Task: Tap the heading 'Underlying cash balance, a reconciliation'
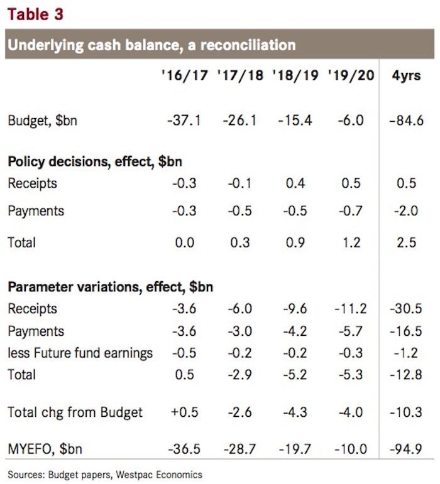pyautogui.click(x=151, y=45)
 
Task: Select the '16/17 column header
pyautogui.click(x=184, y=76)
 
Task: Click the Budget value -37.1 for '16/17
pyautogui.click(x=184, y=120)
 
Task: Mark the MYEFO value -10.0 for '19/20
pyautogui.click(x=348, y=449)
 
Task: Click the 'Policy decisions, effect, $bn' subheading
pyautogui.click(x=96, y=161)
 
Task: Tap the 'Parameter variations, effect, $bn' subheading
pyautogui.click(x=110, y=288)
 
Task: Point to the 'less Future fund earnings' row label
pyautogui.click(x=80, y=353)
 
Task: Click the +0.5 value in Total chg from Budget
pyautogui.click(x=184, y=412)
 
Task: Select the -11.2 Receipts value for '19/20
pyautogui.click(x=348, y=309)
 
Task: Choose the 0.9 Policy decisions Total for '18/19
pyautogui.click(x=294, y=242)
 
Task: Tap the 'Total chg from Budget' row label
pyautogui.click(x=75, y=412)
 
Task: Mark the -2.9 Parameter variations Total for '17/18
pyautogui.click(x=239, y=375)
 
